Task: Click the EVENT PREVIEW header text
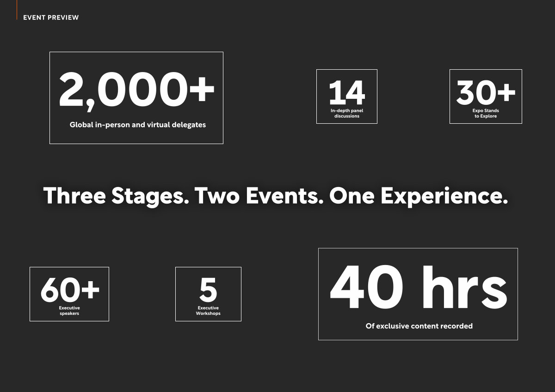pos(51,18)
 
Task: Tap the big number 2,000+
pos(136,91)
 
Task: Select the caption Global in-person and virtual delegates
pos(138,125)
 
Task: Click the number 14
pos(347,92)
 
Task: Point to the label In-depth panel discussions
pos(347,113)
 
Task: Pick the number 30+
pos(486,92)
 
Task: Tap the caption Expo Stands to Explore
pos(486,113)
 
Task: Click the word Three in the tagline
pos(74,195)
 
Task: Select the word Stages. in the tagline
pos(150,196)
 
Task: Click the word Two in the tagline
pos(217,195)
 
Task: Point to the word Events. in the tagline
pos(285,195)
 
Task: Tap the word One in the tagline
pos(352,195)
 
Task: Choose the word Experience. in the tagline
pos(444,196)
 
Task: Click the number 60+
pos(70,289)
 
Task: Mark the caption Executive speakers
pos(69,311)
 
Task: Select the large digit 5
pos(209,289)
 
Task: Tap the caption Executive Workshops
pos(208,311)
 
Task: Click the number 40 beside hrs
pos(367,287)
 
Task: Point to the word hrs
pos(465,287)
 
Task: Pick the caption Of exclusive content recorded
pos(419,326)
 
